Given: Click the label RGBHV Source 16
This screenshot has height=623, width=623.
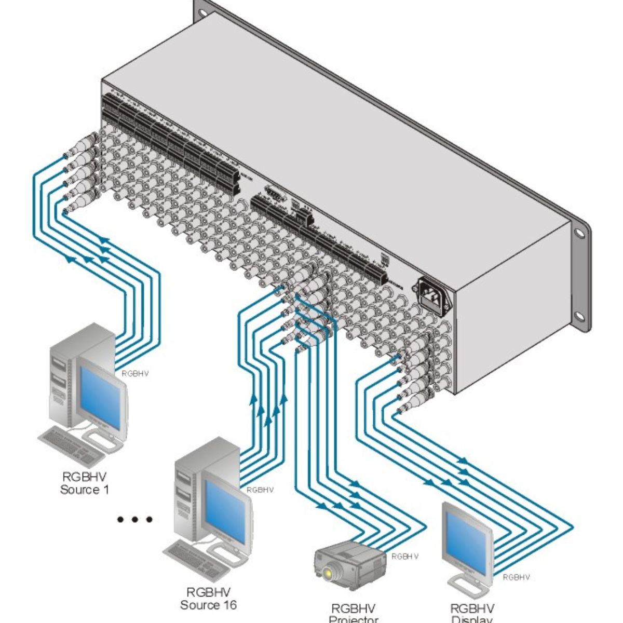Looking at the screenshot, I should (208, 599).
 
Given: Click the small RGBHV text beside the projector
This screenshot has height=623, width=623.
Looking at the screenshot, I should (405, 557).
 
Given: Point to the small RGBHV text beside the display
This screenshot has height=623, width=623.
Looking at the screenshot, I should (517, 577).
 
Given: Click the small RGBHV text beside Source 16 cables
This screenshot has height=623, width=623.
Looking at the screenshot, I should (260, 490).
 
